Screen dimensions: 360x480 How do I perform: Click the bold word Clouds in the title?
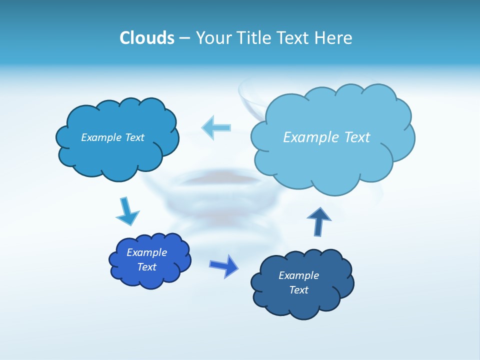(146, 38)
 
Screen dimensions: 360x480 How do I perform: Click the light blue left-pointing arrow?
(216, 127)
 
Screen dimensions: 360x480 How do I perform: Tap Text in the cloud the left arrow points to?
(134, 137)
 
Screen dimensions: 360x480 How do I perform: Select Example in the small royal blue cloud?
(146, 252)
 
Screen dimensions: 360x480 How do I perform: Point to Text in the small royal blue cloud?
(146, 267)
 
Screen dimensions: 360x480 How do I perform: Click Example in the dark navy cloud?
(298, 275)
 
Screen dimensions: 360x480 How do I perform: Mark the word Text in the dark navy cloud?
(298, 290)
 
